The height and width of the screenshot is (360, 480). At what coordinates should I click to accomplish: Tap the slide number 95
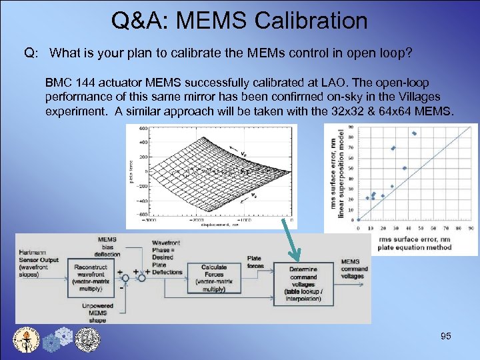tap(446, 337)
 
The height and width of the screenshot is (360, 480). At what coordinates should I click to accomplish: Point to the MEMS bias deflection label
tap(107, 245)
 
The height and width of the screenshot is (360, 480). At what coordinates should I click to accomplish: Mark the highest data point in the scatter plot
tap(414, 133)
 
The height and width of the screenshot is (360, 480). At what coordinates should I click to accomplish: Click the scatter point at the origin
tap(359, 219)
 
